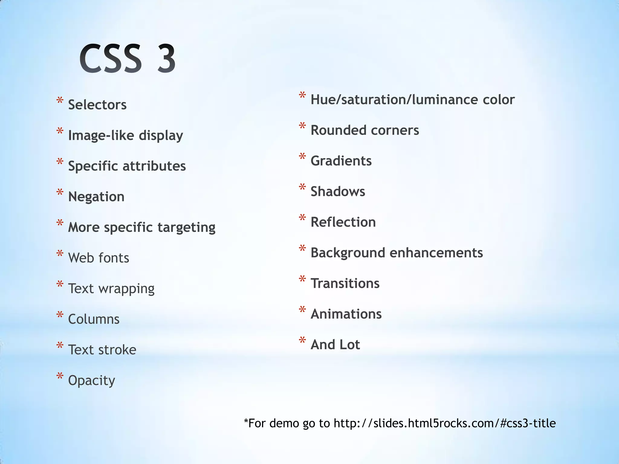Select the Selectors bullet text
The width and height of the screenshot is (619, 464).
[x=97, y=105]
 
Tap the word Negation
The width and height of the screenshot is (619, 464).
[x=96, y=197]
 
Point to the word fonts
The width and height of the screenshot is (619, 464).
[x=114, y=258]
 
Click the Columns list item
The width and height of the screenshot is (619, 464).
[x=94, y=319]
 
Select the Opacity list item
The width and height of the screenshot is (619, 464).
[x=92, y=381]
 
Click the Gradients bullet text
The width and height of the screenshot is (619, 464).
[x=341, y=161]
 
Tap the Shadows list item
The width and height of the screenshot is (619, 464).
[x=338, y=192]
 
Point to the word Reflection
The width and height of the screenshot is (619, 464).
[x=343, y=222]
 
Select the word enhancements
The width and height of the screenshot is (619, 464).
[x=436, y=253]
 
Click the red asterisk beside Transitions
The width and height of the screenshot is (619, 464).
[x=302, y=279]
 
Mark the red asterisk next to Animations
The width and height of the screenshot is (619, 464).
[x=302, y=310]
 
